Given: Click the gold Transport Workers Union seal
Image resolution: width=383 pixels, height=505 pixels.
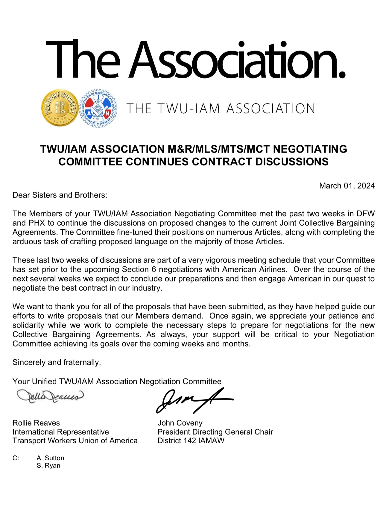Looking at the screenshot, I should [60, 108].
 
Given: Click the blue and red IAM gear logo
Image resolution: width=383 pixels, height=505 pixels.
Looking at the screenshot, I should [99, 108].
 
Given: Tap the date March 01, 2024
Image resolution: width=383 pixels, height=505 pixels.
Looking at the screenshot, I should [347, 186].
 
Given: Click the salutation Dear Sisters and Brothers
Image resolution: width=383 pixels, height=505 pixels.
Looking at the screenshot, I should [60, 195].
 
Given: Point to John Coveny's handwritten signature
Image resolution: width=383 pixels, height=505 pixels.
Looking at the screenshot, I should [193, 400].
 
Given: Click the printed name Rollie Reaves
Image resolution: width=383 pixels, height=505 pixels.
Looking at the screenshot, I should [36, 423].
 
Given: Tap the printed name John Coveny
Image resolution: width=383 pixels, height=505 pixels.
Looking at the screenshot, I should [180, 423].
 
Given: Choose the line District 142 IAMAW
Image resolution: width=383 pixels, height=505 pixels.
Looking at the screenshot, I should [191, 441].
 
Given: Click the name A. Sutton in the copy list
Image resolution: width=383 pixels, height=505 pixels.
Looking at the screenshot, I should [50, 458].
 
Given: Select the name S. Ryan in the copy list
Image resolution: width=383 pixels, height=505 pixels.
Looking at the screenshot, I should [48, 465].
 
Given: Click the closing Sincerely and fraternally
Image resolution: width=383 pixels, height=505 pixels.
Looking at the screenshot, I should [57, 362].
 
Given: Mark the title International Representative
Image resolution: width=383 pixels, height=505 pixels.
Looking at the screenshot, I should [60, 432].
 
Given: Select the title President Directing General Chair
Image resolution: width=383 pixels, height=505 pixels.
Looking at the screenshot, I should [215, 432].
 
